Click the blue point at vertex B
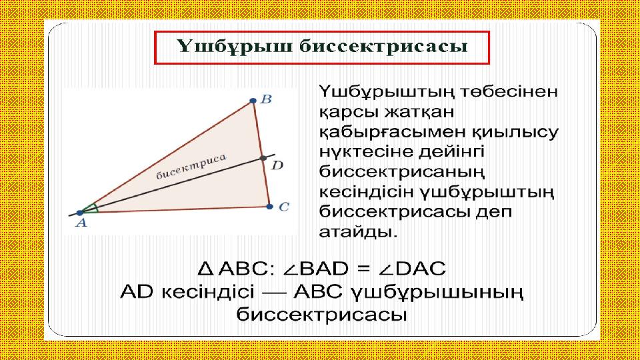coord(253,101)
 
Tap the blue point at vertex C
coord(269,207)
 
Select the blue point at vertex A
coord(80,213)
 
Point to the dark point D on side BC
coord(263,158)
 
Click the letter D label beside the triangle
coord(277,165)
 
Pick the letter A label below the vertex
coord(81,223)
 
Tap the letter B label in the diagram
coord(266,99)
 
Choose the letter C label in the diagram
coord(284,207)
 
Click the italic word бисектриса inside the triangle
coord(191,167)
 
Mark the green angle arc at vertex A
coord(95,208)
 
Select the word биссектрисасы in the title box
coord(383,47)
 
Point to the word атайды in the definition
coord(358,232)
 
